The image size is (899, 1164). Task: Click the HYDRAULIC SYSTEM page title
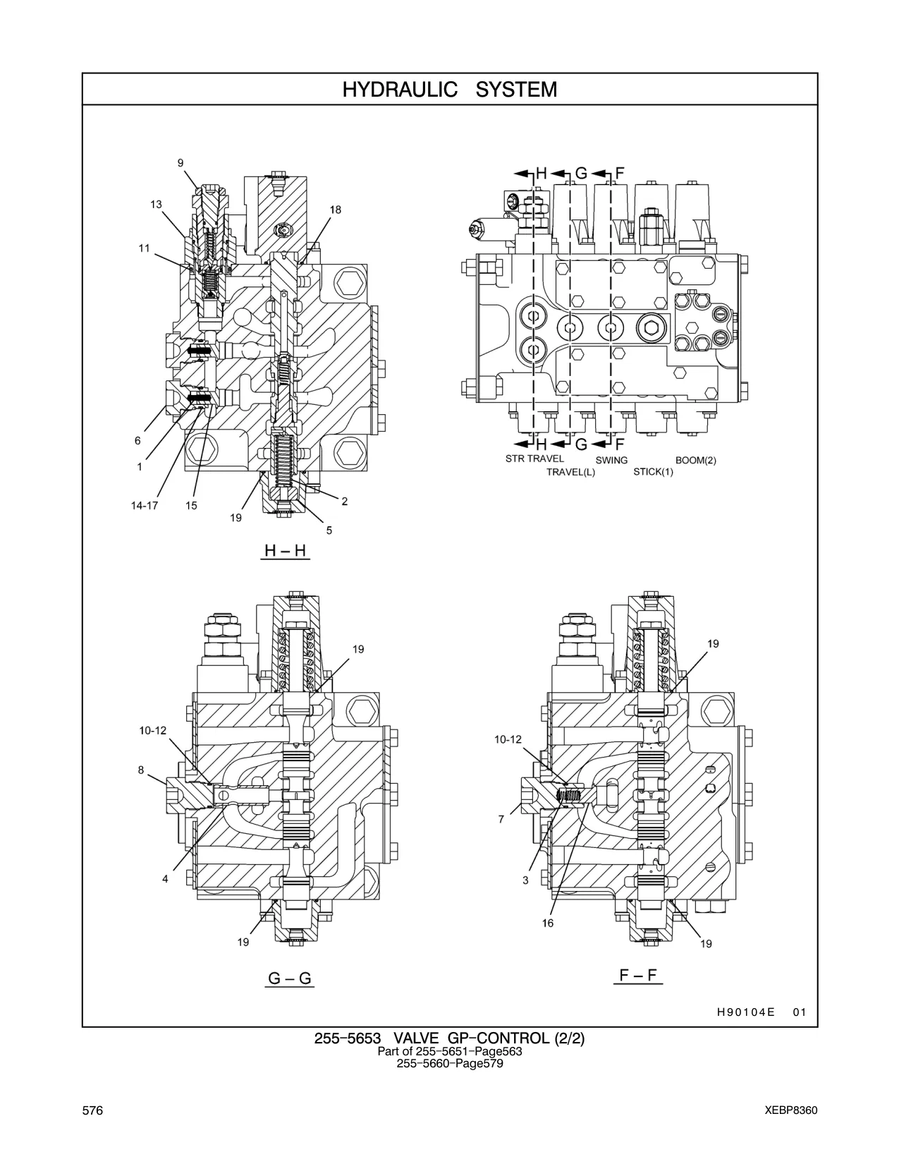coord(449,90)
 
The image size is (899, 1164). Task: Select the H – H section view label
coord(286,551)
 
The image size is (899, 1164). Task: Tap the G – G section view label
coord(290,978)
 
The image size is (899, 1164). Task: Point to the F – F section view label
coord(637,975)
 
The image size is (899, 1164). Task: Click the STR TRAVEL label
coord(534,459)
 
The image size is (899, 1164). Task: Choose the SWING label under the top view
coord(611,460)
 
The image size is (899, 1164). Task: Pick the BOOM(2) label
coord(695,460)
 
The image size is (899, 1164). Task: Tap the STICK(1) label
coord(653,472)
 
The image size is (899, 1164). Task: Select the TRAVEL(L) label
coord(570,473)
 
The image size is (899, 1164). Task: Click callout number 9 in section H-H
coord(181,163)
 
